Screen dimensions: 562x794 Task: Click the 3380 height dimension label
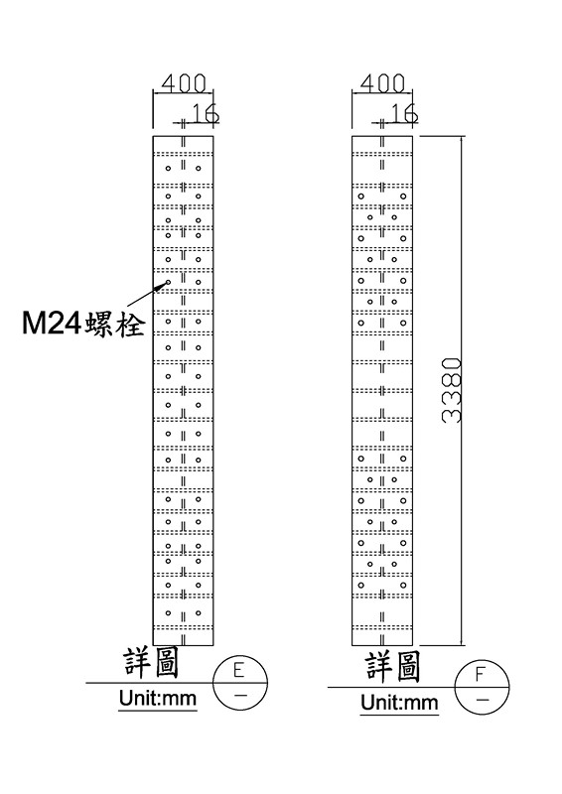[x=452, y=390]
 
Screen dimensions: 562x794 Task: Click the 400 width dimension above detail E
[x=184, y=83]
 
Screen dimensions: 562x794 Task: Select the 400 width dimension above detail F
[x=383, y=83]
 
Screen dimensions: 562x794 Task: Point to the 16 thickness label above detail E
[x=206, y=113]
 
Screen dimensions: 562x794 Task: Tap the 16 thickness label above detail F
[x=404, y=113]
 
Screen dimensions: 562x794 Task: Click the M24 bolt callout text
[x=83, y=324]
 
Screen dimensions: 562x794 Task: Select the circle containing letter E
[x=239, y=683]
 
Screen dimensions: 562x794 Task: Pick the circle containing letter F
[x=483, y=687]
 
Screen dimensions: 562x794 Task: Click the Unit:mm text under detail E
[x=158, y=699]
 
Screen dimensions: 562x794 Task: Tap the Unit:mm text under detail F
[x=399, y=703]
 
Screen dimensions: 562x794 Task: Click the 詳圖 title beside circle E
[x=152, y=664]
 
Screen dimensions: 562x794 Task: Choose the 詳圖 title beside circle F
[x=393, y=666]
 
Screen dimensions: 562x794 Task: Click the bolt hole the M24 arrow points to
[x=169, y=282]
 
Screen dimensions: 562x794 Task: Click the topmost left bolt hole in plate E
[x=169, y=168]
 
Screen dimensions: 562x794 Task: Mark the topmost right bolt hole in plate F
[x=403, y=196]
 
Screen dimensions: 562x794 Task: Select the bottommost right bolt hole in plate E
[x=199, y=613]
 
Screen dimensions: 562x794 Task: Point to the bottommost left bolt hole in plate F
[x=361, y=586]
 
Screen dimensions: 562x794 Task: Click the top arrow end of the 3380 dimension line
[x=461, y=136]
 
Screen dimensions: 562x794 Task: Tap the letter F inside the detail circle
[x=480, y=675]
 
